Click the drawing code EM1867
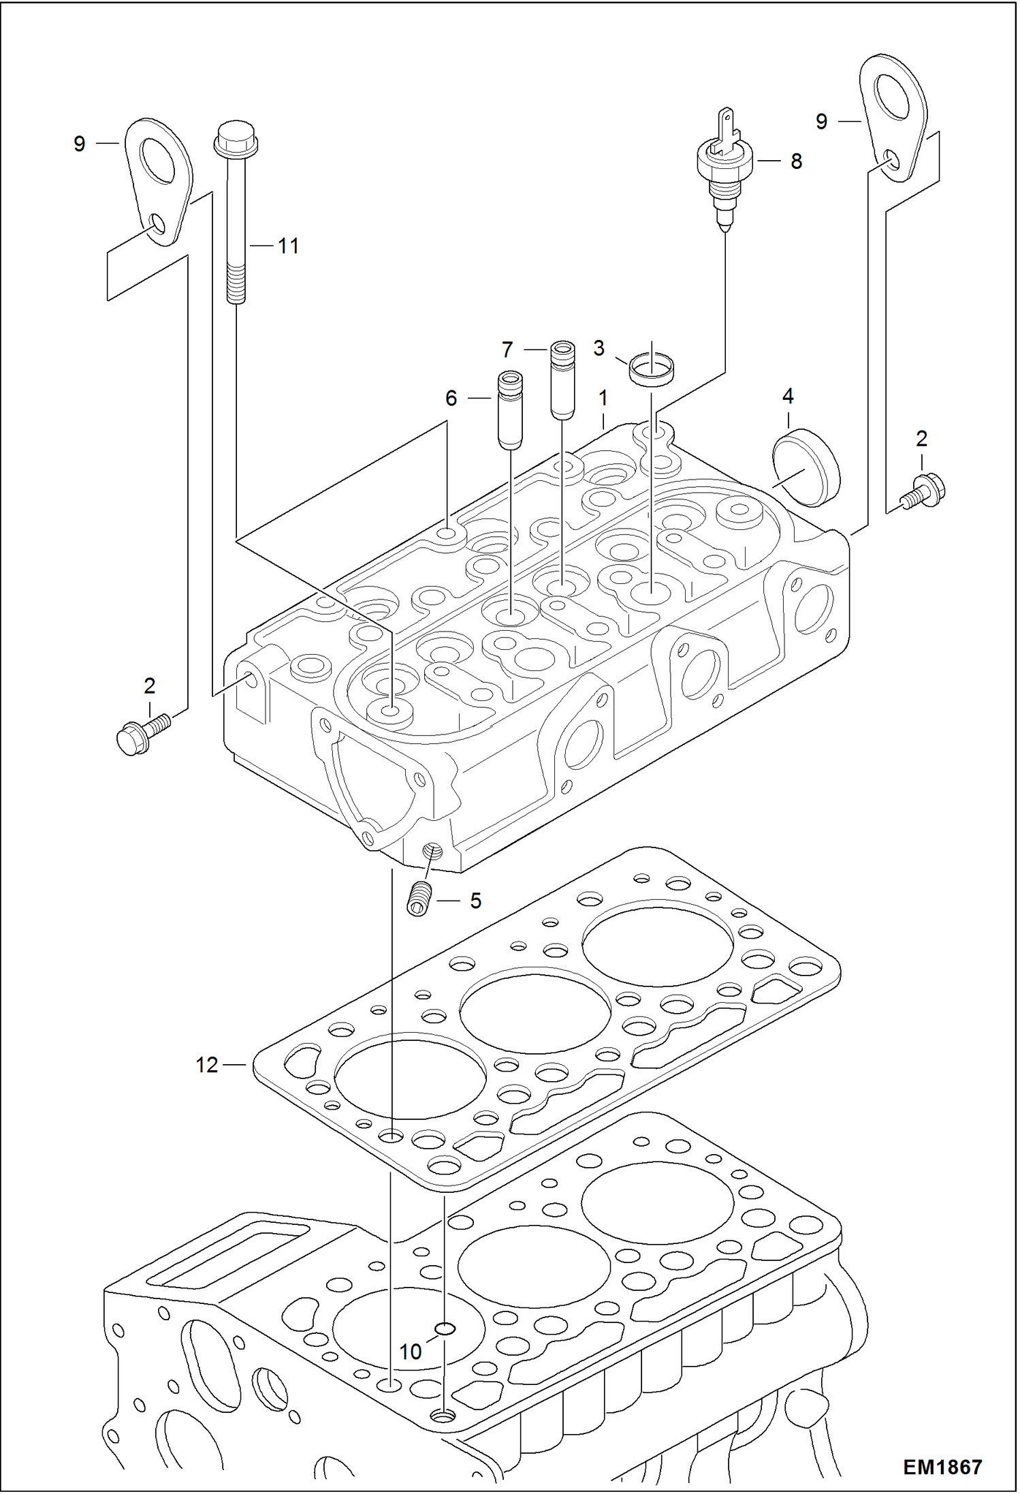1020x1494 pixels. (x=942, y=1467)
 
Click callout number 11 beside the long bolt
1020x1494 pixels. (x=288, y=246)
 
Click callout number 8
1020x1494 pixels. (x=796, y=161)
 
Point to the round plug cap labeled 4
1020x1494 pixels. (x=806, y=467)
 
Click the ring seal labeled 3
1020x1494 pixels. (x=652, y=369)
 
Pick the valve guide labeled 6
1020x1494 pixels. (x=511, y=410)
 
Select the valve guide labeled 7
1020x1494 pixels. (x=562, y=379)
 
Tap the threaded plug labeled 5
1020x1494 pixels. (x=421, y=899)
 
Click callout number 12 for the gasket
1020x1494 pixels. (x=207, y=1064)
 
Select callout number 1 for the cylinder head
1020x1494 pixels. (x=603, y=399)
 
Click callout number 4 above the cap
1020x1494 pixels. (x=788, y=396)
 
